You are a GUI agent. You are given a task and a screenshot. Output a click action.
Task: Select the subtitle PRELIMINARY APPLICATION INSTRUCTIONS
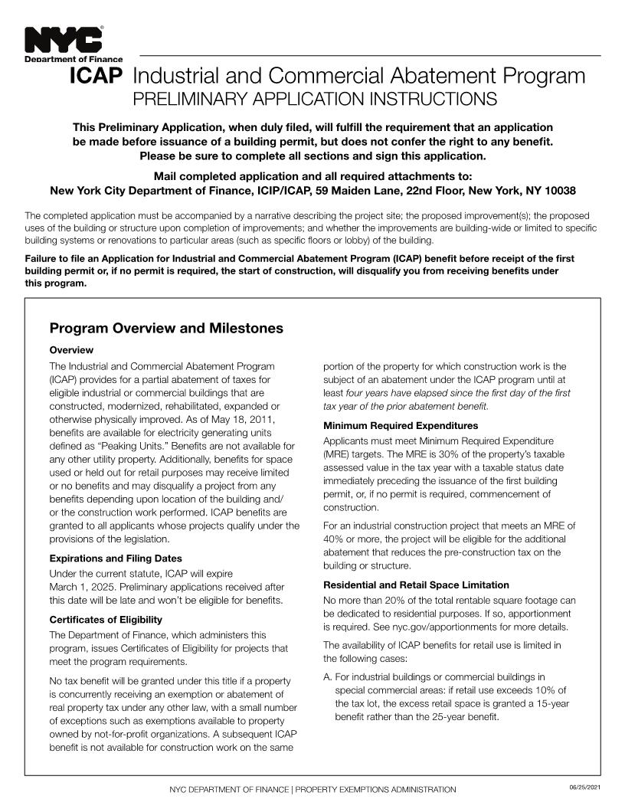tap(315, 100)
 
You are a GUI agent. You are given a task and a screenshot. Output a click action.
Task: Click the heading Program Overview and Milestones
tap(166, 329)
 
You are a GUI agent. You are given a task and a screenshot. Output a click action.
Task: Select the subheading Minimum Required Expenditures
tap(401, 425)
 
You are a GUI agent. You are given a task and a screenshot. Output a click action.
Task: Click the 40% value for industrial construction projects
tap(334, 539)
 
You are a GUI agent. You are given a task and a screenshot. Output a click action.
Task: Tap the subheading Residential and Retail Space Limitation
tap(416, 585)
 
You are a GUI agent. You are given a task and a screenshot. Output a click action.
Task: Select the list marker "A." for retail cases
tap(328, 676)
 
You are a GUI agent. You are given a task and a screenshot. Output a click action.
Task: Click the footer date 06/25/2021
tap(584, 788)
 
